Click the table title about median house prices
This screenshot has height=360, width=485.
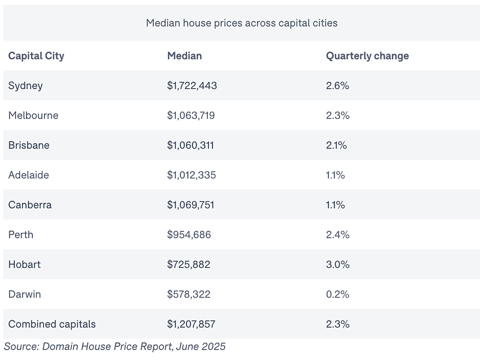click(242, 23)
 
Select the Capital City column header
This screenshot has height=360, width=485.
click(36, 56)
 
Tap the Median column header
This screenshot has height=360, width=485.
click(185, 56)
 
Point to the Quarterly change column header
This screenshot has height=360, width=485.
click(367, 56)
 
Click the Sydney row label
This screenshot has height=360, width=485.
click(25, 86)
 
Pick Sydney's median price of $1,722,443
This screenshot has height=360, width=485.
click(192, 86)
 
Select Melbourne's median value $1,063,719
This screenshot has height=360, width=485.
click(191, 116)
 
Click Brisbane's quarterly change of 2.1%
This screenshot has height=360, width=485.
click(336, 145)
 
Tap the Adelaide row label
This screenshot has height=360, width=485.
click(28, 175)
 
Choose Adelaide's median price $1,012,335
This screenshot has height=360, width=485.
click(191, 175)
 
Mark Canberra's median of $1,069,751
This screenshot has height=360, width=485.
click(190, 205)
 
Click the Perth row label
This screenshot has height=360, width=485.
click(21, 235)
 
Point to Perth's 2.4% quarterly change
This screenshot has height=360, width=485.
click(338, 235)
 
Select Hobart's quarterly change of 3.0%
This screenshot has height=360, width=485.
click(338, 264)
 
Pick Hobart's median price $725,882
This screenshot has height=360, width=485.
click(189, 264)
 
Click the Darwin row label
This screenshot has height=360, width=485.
click(24, 294)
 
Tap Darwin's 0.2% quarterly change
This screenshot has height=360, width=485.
click(337, 294)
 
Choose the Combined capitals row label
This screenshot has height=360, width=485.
click(52, 324)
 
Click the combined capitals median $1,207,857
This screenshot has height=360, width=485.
click(191, 324)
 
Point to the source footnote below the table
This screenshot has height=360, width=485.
click(115, 347)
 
